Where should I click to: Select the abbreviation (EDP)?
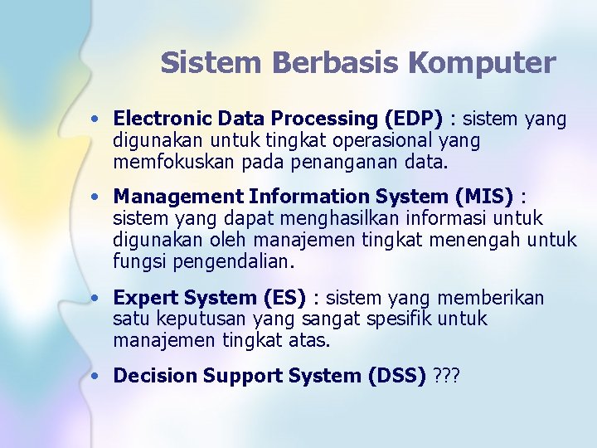click(x=413, y=119)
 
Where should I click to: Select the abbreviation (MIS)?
click(x=484, y=197)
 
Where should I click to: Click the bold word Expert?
click(x=142, y=297)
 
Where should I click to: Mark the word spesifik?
click(x=399, y=319)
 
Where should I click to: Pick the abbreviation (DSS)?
click(x=397, y=376)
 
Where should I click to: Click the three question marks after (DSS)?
click(x=447, y=376)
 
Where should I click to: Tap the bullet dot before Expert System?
click(x=97, y=298)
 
